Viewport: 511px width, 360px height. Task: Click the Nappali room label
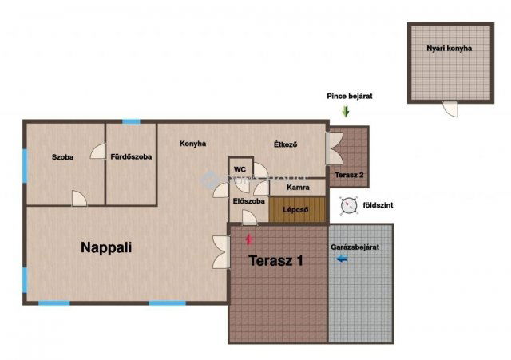[x=106, y=248]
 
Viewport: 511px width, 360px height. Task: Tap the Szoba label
[x=62, y=157]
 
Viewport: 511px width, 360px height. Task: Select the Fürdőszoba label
[x=131, y=156]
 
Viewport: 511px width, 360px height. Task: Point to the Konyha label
[x=193, y=144]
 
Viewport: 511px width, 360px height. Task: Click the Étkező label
[x=286, y=144]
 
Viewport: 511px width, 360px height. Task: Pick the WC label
[x=240, y=169]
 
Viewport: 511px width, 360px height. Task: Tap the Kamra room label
[x=298, y=188]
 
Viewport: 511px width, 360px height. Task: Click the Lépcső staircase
[x=297, y=209]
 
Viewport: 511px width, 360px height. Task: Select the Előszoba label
[x=248, y=201]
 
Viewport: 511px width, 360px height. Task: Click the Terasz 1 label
[x=275, y=261]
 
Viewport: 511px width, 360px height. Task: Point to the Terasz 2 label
[x=349, y=175]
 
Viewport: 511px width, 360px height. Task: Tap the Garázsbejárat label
[x=355, y=247]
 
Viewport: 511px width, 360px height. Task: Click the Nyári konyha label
[x=449, y=48]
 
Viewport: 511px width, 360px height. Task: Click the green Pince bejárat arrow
[x=346, y=112]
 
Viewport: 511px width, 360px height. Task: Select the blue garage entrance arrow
[x=342, y=259]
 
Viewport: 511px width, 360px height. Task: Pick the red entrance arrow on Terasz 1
[x=249, y=239]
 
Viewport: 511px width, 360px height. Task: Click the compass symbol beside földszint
[x=348, y=206]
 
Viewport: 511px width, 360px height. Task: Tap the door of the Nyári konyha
[x=450, y=109]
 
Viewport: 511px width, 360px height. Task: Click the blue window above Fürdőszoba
[x=131, y=122]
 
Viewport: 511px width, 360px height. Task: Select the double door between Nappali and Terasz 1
[x=222, y=252]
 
